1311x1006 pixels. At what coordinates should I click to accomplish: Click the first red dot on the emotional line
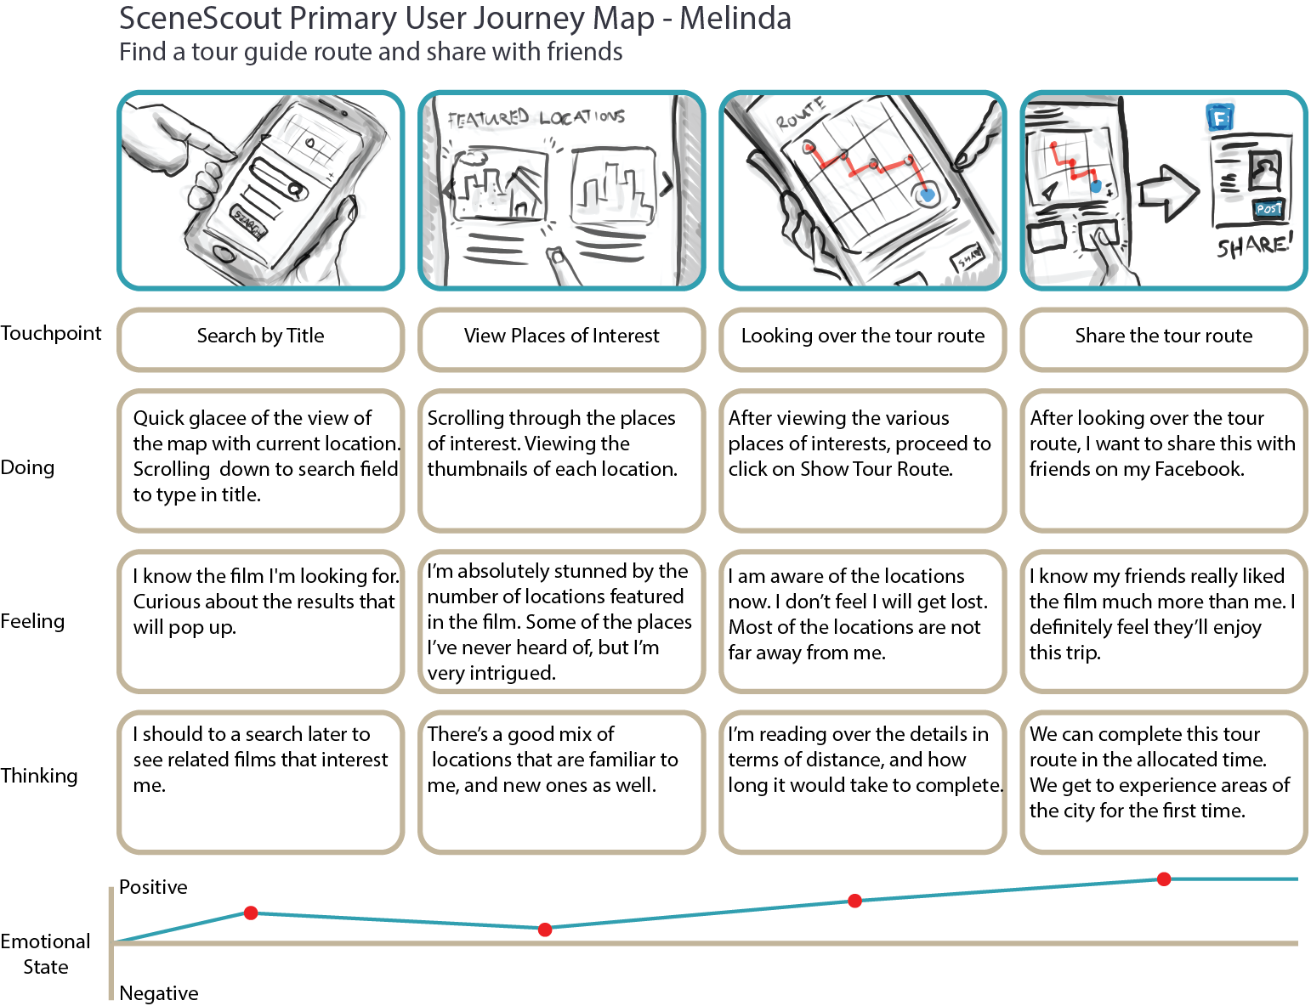click(x=251, y=913)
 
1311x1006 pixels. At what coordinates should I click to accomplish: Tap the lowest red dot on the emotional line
click(x=545, y=930)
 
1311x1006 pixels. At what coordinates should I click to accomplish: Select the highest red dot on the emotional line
click(x=1164, y=879)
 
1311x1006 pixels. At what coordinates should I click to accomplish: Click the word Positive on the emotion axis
click(x=153, y=887)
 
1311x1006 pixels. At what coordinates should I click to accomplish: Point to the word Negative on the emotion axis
click(x=159, y=992)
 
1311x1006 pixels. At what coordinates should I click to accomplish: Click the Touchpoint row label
click(x=51, y=333)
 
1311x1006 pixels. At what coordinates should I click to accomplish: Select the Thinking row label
click(x=39, y=776)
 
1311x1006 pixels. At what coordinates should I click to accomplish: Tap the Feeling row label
click(x=32, y=621)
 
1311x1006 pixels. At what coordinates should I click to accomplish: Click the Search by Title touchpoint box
click(x=260, y=336)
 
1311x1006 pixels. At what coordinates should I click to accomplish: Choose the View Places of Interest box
click(x=561, y=336)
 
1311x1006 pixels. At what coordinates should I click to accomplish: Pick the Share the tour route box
click(x=1163, y=336)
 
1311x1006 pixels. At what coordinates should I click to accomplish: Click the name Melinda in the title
click(x=735, y=18)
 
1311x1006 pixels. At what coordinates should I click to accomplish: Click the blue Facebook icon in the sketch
click(x=1220, y=117)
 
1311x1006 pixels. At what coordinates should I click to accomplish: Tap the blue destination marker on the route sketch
click(x=927, y=195)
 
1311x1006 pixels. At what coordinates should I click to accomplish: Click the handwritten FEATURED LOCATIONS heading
click(x=536, y=118)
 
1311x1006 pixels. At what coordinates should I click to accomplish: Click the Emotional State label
click(x=46, y=954)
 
